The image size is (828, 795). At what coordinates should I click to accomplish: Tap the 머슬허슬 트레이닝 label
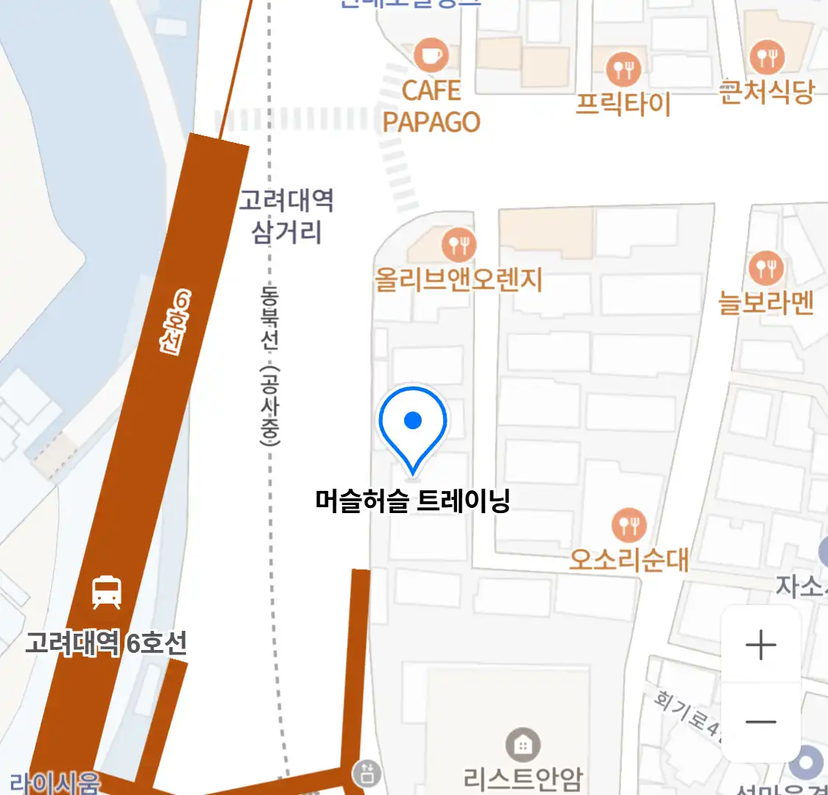[412, 501]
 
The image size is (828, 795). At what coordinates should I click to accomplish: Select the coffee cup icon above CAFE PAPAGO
[431, 54]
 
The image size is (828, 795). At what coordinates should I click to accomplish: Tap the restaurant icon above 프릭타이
[624, 69]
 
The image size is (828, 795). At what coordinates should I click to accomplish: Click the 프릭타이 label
[623, 104]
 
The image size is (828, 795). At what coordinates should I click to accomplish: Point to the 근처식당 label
[767, 91]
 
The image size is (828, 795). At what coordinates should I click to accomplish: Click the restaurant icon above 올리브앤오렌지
[459, 244]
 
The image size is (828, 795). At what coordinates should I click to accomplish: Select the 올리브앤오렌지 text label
[459, 280]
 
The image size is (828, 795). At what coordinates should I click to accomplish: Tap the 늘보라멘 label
[766, 302]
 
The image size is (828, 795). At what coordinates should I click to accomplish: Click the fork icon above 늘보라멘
[765, 268]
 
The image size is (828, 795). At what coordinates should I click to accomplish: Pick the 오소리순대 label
[629, 560]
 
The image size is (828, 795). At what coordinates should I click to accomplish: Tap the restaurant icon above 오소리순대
[629, 526]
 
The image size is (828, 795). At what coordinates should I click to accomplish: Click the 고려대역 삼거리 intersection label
[286, 216]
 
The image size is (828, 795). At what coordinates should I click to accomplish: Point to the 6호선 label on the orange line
[175, 322]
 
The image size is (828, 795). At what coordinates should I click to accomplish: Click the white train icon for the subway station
[107, 592]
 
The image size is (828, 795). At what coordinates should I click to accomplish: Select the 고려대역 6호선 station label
[106, 643]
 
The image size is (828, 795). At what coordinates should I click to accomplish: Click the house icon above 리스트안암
[523, 746]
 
